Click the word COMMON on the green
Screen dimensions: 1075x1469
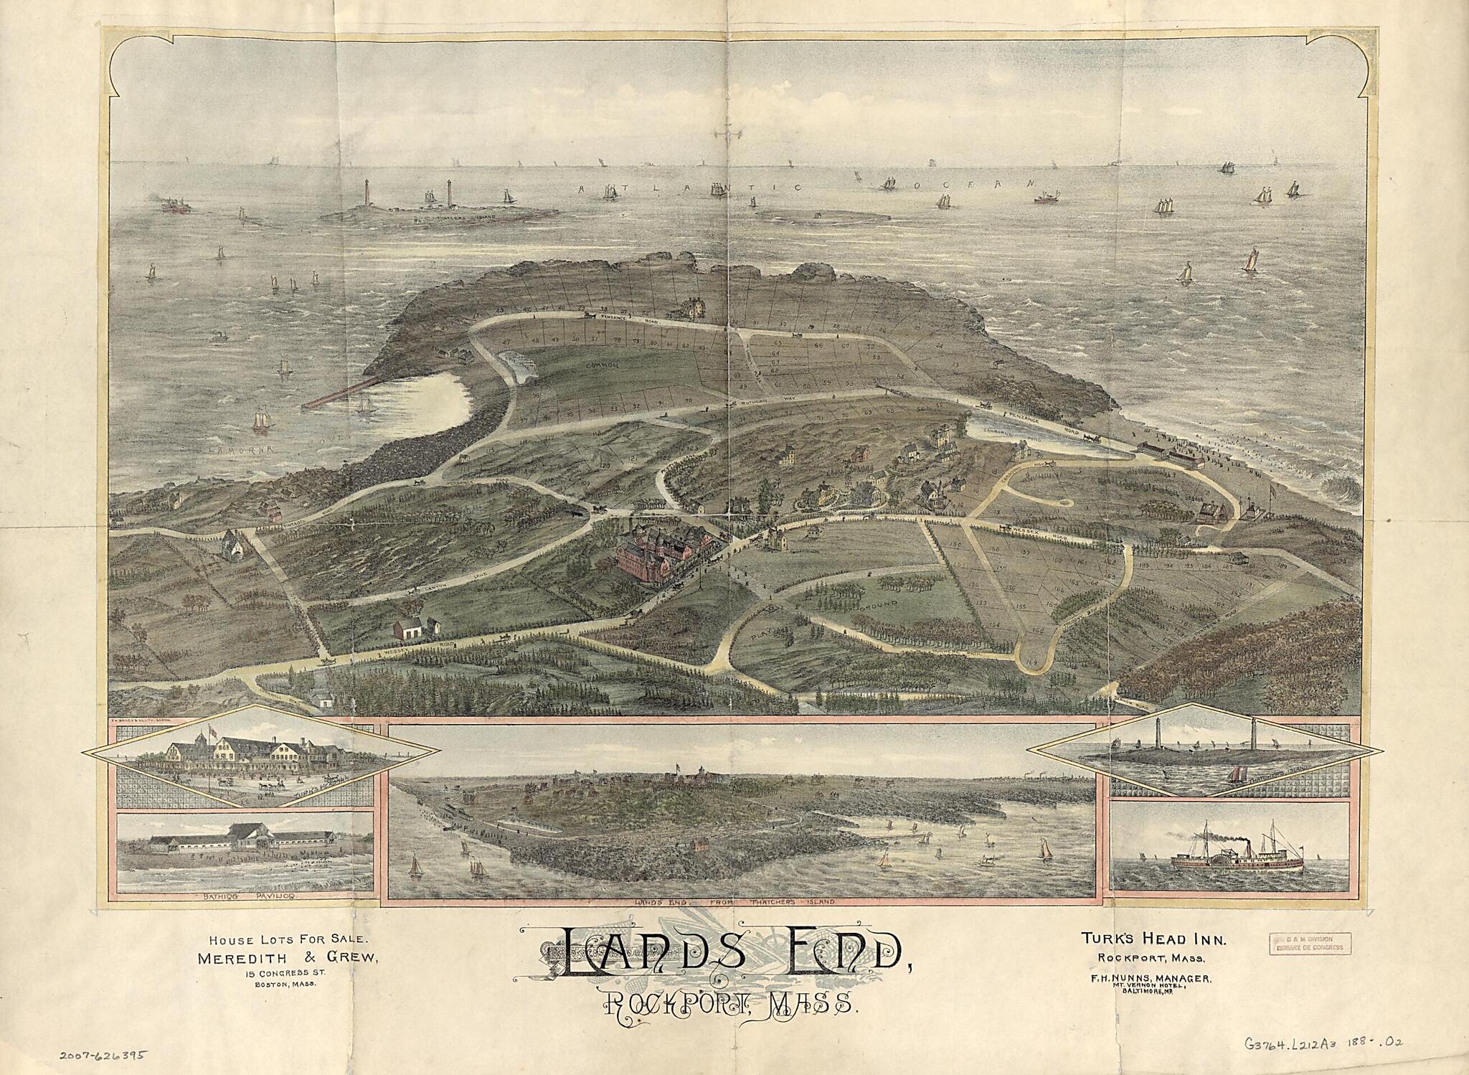pyautogui.click(x=603, y=365)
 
